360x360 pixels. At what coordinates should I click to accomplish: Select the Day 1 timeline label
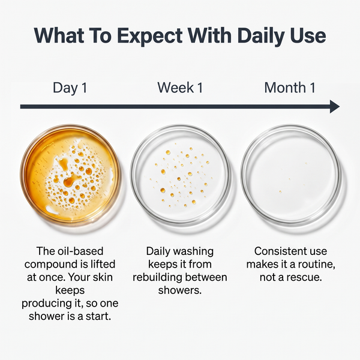pyautogui.click(x=70, y=88)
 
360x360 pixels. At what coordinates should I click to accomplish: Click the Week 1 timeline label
pyautogui.click(x=180, y=88)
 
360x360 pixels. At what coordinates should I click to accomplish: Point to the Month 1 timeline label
pyautogui.click(x=290, y=88)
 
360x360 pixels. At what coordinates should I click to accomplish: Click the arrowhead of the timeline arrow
pyautogui.click(x=335, y=107)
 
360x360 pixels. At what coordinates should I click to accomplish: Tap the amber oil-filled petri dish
pyautogui.click(x=70, y=175)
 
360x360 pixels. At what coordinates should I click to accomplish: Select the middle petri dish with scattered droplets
pyautogui.click(x=180, y=175)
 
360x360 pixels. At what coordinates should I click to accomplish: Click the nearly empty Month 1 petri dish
pyautogui.click(x=290, y=175)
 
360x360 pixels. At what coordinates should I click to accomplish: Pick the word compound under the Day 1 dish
pyautogui.click(x=51, y=264)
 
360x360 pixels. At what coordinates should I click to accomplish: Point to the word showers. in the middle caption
pyautogui.click(x=180, y=290)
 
